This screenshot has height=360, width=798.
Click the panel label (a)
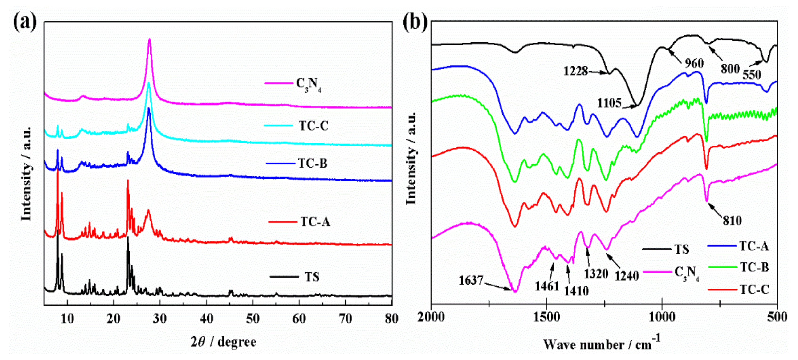tap(25, 22)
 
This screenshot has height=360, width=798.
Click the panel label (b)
tap(415, 22)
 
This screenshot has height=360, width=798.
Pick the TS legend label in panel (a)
tap(312, 277)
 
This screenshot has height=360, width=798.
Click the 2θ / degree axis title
tap(223, 342)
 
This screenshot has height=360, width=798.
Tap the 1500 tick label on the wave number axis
tap(546, 317)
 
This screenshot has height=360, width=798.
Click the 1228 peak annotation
tap(575, 71)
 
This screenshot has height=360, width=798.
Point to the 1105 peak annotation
tap(609, 103)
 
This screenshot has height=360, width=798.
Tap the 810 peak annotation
tap(732, 220)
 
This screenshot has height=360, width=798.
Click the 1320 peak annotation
tap(596, 274)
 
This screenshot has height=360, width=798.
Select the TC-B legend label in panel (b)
tap(754, 267)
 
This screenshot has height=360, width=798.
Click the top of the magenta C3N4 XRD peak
tap(150, 39)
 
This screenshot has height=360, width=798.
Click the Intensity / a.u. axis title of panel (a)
tap(27, 173)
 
